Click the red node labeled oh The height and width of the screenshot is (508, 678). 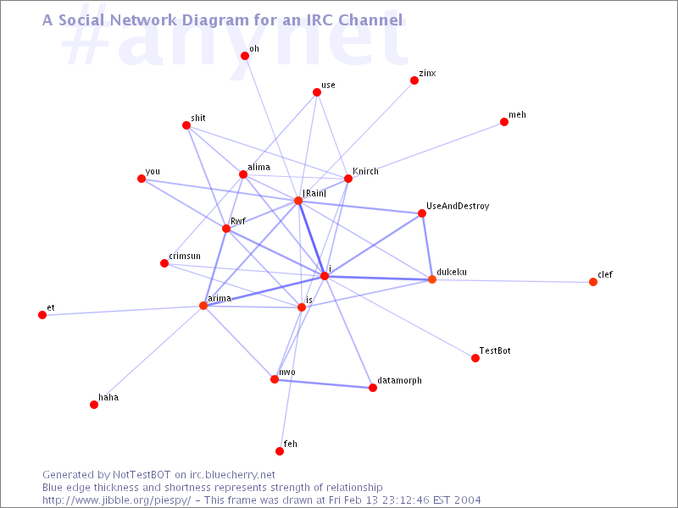tap(245, 56)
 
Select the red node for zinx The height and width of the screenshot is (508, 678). tap(414, 80)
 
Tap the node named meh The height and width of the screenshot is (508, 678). tap(503, 122)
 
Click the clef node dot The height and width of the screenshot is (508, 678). tap(592, 282)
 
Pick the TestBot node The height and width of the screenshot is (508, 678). tap(475, 358)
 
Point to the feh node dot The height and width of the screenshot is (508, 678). tap(280, 451)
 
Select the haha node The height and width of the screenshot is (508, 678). tap(94, 405)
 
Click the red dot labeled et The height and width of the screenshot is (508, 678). tap(42, 315)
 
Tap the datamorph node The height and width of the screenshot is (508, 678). tap(373, 388)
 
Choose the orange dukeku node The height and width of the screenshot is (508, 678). tap(431, 279)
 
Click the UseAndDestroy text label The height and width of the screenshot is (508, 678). tap(458, 206)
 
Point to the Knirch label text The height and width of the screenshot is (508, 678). tap(365, 171)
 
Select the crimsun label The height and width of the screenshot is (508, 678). tap(185, 256)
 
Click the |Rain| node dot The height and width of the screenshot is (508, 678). tap(298, 201)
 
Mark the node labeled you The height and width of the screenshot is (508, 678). tap(142, 179)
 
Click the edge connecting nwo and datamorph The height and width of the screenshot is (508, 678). tap(324, 384)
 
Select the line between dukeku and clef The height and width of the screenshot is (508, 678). tap(513, 281)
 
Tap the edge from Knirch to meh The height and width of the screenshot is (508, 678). tap(426, 151)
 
